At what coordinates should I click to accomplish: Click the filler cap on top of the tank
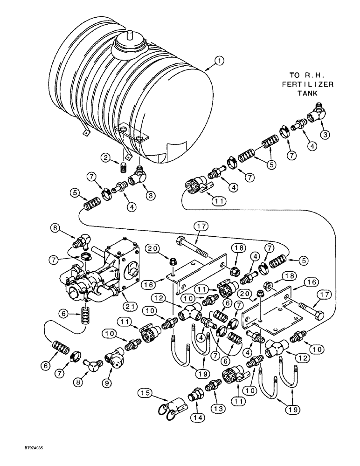(131, 42)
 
